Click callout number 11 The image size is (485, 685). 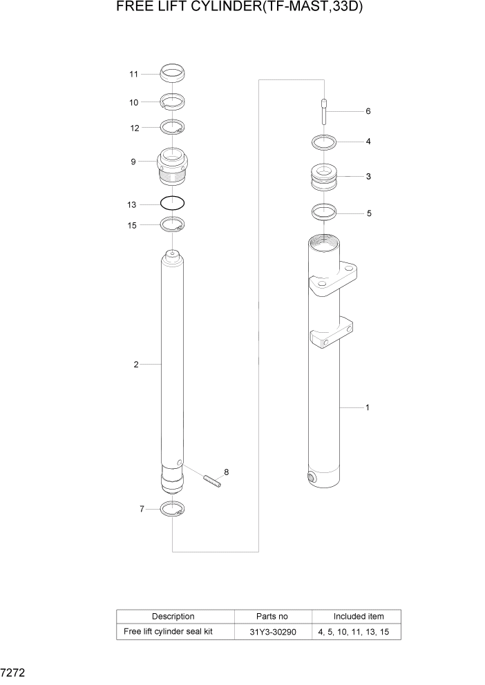133,74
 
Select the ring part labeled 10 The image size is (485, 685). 172,102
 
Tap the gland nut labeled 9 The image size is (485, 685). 172,166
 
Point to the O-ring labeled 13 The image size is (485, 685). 172,204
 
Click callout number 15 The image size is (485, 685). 133,225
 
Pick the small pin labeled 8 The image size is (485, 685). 212,480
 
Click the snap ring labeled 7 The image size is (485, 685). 172,510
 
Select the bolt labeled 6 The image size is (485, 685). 323,111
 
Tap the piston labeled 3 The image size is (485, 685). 324,177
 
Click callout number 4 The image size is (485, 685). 368,142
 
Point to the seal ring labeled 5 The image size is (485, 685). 324,212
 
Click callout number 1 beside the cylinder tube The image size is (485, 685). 367,407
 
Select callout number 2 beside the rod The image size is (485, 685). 136,364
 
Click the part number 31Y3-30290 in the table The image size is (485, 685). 272,632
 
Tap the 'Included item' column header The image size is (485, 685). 358,616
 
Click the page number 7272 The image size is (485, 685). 13,670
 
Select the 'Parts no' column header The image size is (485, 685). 272,616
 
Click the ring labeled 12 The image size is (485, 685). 172,127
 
